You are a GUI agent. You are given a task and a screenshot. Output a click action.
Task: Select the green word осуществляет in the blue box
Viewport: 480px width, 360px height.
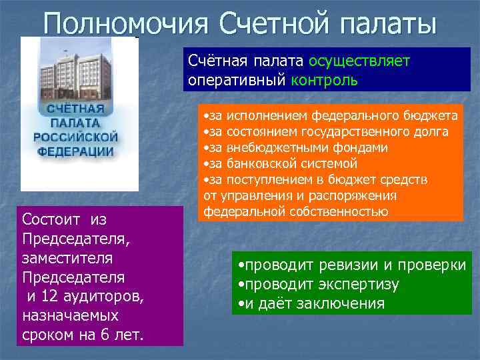[359, 61]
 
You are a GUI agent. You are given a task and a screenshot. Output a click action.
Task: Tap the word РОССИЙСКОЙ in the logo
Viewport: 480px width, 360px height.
[76, 137]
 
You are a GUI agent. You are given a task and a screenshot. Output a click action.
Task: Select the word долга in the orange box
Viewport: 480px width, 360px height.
[433, 131]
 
